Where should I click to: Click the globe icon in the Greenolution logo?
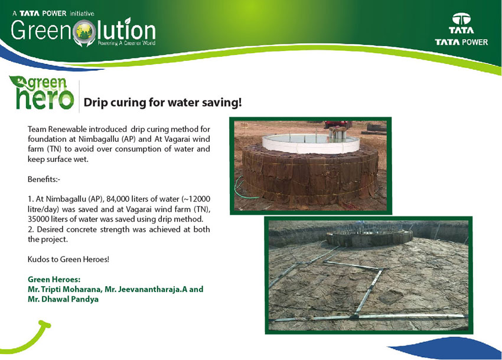click(84, 32)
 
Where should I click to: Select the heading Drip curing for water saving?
click(162, 103)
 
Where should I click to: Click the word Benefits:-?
click(44, 179)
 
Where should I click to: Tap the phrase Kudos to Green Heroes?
click(69, 260)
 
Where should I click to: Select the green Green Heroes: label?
click(54, 279)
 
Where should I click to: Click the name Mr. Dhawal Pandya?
click(63, 300)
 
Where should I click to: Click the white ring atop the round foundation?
click(311, 143)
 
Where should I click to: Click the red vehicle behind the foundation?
click(337, 124)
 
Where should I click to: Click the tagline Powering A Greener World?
click(126, 43)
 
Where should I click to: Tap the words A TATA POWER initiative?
click(54, 14)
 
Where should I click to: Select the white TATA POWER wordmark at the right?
click(461, 42)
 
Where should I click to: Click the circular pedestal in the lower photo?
click(370, 237)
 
